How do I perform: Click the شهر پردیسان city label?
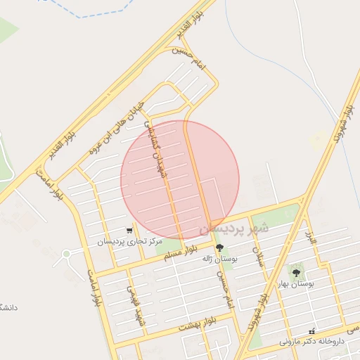pos(233,229)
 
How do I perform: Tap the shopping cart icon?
pos(129,230)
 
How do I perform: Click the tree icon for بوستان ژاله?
pos(219,247)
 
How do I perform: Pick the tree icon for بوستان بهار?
pos(295,271)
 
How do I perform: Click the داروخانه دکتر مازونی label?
pos(311,342)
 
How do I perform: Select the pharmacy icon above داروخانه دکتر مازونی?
pos(312,330)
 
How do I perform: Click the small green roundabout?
pos(67,253)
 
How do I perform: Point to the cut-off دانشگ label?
pos(8,308)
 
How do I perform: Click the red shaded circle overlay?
pos(180,179)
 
